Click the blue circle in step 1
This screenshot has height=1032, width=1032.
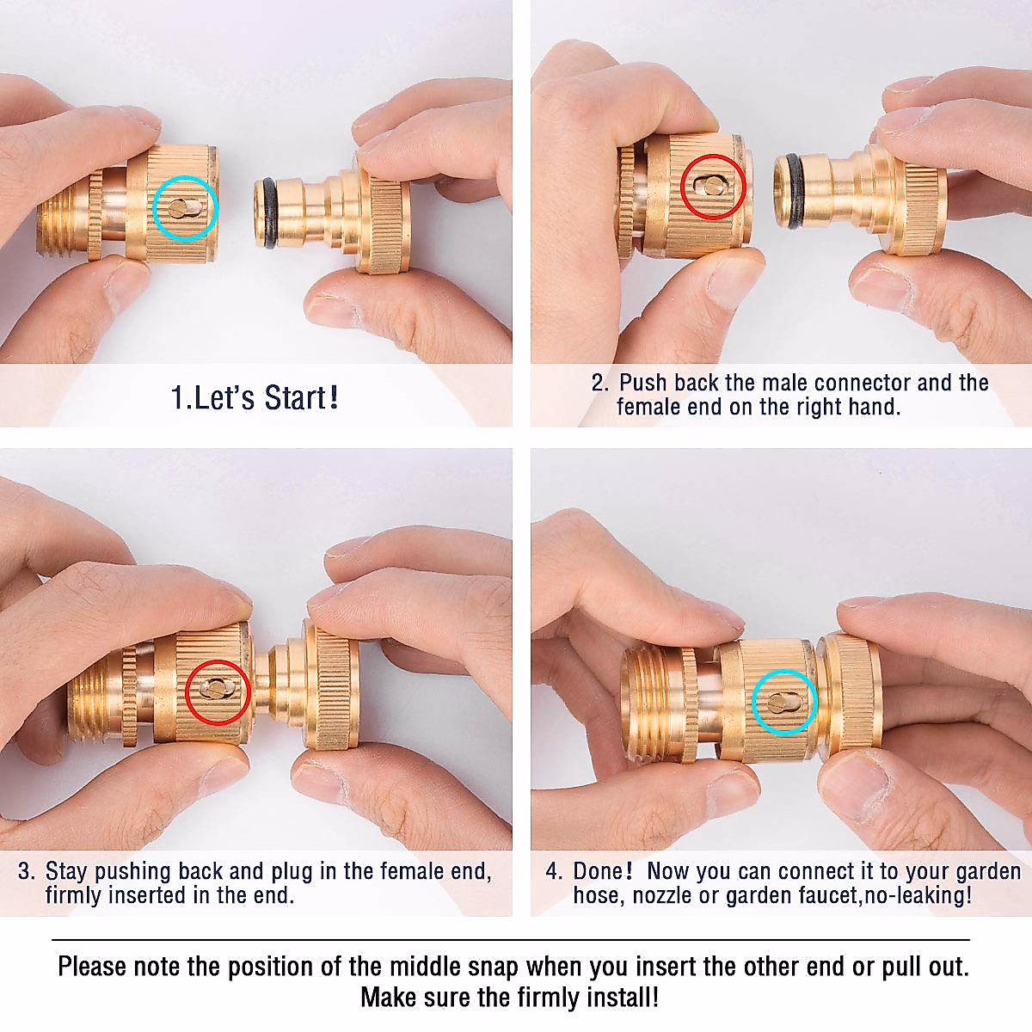(185, 207)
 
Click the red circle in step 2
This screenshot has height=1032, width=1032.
(713, 187)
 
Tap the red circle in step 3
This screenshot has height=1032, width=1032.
(218, 691)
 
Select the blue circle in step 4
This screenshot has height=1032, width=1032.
(784, 702)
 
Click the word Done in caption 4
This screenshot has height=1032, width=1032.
(603, 871)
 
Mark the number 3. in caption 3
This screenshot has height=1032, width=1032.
(27, 871)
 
